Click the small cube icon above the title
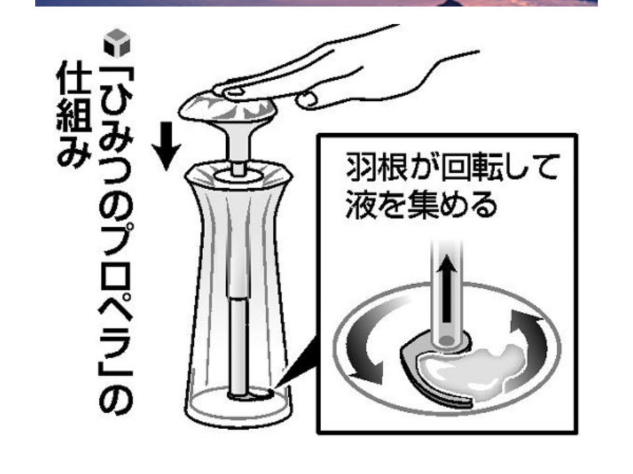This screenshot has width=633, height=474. pyautogui.click(x=117, y=43)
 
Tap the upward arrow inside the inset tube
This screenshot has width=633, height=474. pyautogui.click(x=446, y=288)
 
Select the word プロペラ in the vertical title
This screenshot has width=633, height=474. pyautogui.click(x=116, y=297)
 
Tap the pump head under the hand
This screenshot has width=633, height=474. pyautogui.click(x=227, y=108)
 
